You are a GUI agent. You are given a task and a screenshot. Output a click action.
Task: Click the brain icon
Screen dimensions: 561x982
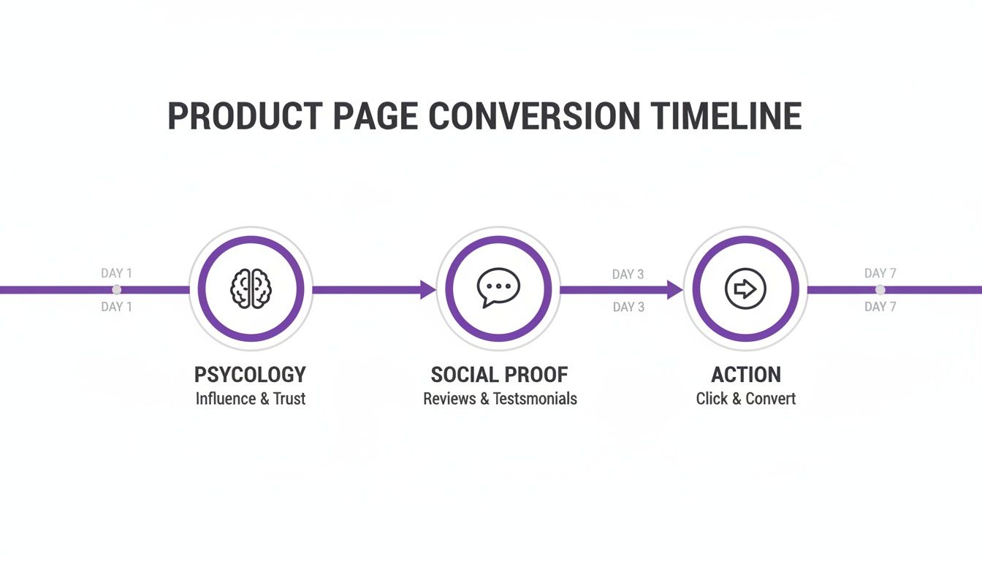click(x=251, y=289)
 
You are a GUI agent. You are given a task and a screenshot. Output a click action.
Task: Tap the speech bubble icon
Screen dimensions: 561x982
click(x=498, y=287)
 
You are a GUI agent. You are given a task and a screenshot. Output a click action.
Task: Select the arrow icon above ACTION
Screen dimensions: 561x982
click(x=745, y=289)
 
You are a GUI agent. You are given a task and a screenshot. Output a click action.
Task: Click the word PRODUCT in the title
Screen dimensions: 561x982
click(x=245, y=117)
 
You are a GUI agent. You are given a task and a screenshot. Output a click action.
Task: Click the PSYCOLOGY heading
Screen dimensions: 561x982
click(x=250, y=375)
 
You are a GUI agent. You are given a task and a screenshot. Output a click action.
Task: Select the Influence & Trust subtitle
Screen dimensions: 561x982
click(x=250, y=399)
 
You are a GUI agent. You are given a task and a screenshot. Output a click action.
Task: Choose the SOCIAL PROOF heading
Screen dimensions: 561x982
click(x=499, y=375)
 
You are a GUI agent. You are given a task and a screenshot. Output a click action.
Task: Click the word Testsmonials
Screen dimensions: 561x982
click(x=535, y=399)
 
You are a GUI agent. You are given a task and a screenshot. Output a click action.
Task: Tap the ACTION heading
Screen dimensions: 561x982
click(x=746, y=375)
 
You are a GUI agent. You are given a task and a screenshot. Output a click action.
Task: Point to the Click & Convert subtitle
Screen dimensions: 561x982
click(x=746, y=399)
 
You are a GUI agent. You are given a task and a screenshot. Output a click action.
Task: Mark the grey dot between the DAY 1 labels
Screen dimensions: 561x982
click(x=116, y=290)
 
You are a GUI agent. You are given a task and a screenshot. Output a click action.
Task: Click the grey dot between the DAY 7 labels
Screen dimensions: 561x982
click(x=880, y=290)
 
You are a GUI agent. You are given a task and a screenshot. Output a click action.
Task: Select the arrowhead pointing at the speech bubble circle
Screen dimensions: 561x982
click(x=428, y=290)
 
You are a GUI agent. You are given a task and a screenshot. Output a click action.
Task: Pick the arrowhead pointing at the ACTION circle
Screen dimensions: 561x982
click(x=675, y=290)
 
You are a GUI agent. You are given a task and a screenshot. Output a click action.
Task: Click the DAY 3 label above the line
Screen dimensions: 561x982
click(x=628, y=275)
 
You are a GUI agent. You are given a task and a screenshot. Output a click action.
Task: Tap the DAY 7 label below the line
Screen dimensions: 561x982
click(x=880, y=307)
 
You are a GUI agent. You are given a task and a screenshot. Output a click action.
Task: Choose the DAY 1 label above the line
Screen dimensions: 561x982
click(x=117, y=273)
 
